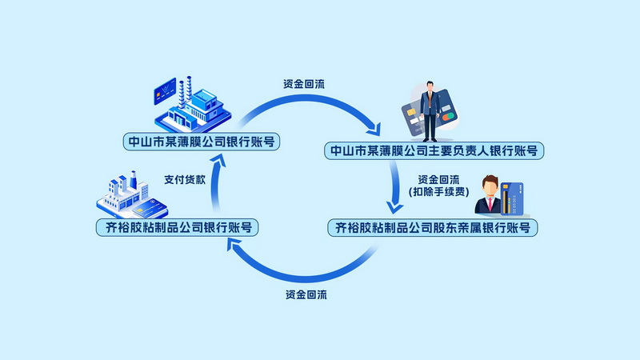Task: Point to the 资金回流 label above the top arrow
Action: coord(304,84)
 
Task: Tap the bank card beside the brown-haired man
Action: coord(514,198)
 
